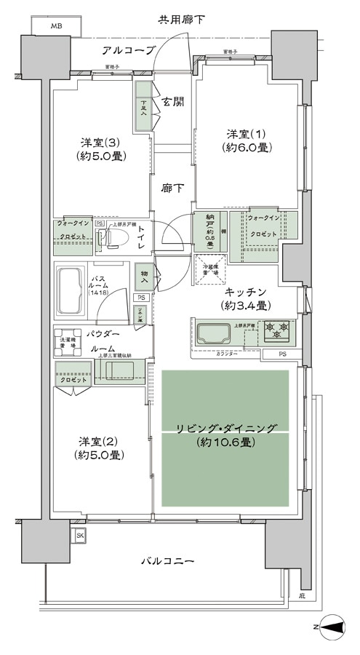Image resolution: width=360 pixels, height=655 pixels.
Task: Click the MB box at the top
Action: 56,27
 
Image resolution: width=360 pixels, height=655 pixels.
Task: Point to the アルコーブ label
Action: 129,50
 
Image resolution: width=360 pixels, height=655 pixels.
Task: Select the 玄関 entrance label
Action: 172,101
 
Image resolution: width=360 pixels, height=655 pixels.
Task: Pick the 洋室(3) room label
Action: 100,148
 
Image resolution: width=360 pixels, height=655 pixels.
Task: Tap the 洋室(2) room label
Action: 100,448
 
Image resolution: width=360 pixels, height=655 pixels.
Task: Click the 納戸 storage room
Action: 209,232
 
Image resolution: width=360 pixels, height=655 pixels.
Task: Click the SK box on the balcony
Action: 79,536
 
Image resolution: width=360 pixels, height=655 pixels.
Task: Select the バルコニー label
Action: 167,561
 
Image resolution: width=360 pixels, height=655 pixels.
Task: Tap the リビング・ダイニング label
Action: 225,434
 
